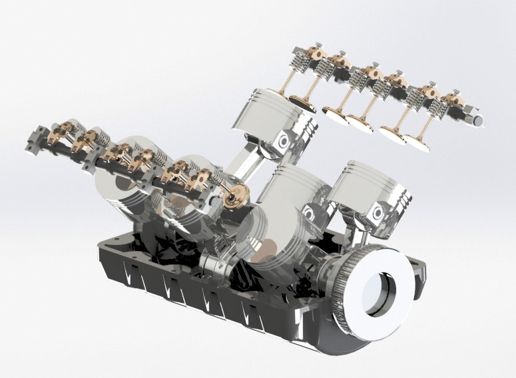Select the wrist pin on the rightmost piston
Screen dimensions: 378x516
(378, 214)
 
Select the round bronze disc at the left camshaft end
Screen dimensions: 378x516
(235, 197)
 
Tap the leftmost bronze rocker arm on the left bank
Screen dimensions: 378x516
(57, 130)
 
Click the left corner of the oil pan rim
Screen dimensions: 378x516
(100, 250)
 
